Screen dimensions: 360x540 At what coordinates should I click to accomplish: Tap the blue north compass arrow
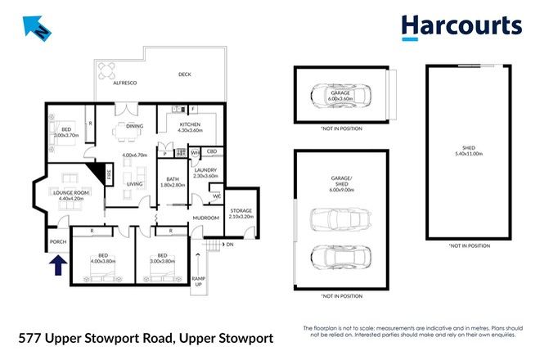(35, 28)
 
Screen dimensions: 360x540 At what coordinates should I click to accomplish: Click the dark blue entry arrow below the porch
(57, 266)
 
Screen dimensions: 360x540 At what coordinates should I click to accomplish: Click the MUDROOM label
(205, 218)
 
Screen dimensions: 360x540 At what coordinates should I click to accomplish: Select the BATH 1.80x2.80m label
(173, 182)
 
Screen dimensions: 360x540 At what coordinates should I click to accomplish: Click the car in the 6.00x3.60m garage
(340, 95)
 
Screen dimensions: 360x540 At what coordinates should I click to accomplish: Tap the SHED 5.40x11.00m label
(468, 151)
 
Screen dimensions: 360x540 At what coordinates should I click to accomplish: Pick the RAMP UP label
(196, 281)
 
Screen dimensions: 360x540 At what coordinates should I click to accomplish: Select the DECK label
(186, 75)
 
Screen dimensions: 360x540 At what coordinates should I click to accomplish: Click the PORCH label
(57, 242)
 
